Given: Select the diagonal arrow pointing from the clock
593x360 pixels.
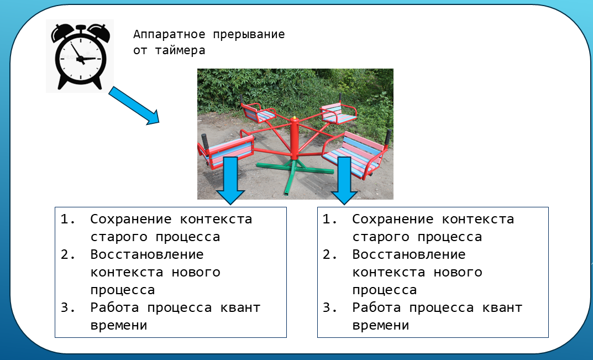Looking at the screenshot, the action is coord(133,105).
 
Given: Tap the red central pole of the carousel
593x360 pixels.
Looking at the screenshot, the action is coord(294,138).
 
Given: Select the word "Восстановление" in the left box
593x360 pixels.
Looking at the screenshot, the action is coord(148,254).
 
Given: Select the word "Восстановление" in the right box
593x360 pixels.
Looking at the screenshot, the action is coord(410,254).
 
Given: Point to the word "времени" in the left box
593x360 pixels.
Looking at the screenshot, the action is coord(119,325).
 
